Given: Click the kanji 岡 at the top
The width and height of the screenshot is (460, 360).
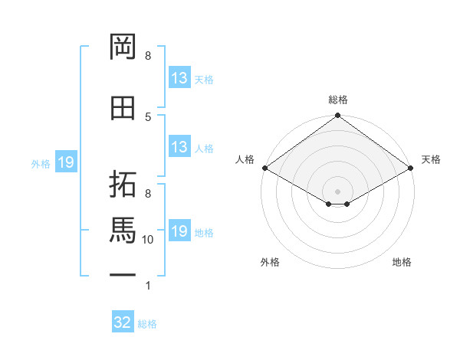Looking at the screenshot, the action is [x=123, y=47].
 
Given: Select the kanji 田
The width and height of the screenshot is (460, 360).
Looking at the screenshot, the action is [x=123, y=108].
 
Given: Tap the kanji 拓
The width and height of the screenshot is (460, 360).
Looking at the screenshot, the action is [x=123, y=184].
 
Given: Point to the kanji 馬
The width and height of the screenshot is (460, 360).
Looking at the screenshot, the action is [x=123, y=230].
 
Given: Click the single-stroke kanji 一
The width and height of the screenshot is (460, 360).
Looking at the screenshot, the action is [x=123, y=275].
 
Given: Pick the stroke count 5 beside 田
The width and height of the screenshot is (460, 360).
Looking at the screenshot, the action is [x=148, y=117].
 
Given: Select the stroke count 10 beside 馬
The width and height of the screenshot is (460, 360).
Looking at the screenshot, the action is [x=147, y=240].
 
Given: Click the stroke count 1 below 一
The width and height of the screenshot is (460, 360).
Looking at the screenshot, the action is [x=148, y=286].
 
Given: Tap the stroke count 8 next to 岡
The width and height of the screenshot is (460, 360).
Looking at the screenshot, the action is [x=148, y=56].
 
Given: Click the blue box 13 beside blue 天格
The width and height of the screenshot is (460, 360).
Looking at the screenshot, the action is [x=179, y=77].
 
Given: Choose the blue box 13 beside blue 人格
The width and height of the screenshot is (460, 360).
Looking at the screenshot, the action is [x=179, y=146].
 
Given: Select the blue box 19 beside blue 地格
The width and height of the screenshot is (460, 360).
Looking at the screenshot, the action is [x=179, y=230].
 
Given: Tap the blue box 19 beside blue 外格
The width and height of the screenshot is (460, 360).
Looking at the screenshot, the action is [x=66, y=162].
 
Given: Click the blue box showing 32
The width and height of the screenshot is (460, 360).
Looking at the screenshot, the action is [x=123, y=321].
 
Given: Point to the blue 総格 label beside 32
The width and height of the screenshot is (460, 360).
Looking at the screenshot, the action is [x=147, y=324].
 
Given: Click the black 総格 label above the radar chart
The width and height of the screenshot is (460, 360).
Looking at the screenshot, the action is [x=338, y=100].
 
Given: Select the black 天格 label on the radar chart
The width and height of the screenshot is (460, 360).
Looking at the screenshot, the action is [x=431, y=159].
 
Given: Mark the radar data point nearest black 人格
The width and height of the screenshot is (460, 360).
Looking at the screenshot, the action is [x=265, y=168].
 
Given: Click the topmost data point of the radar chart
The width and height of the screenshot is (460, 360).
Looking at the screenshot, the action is [x=337, y=115].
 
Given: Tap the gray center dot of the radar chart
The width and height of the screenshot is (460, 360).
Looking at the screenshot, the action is [x=337, y=191].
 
